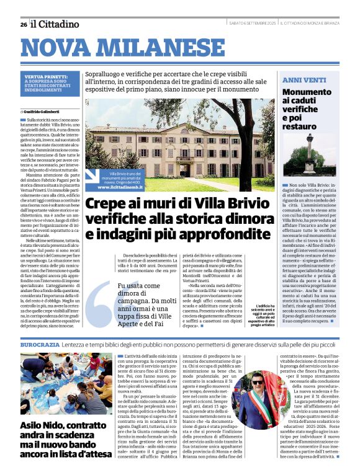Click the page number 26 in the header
tap(24, 24)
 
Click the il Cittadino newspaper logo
tap(56, 24)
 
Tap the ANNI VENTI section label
tap(304, 81)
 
